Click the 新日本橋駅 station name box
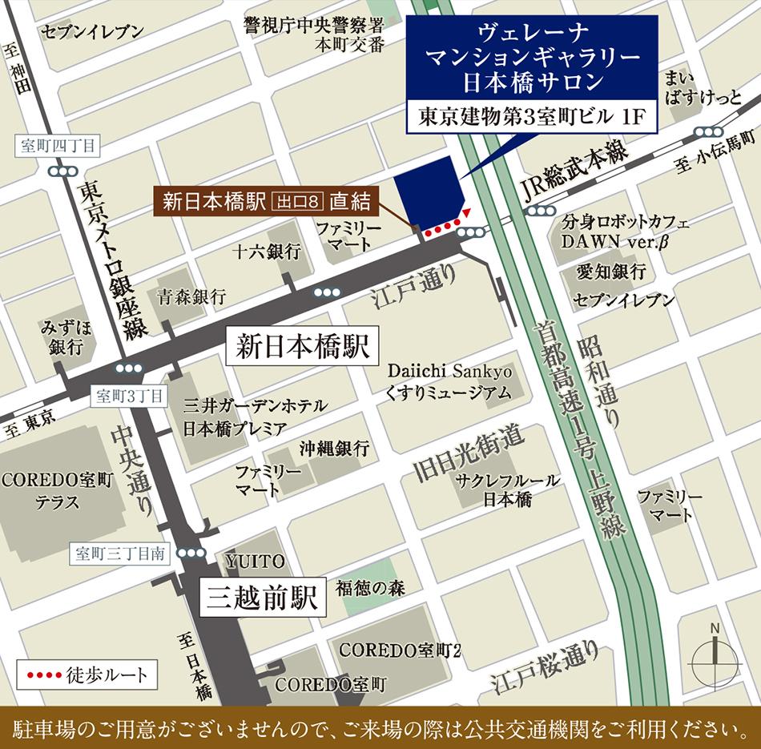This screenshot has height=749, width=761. coord(303,346)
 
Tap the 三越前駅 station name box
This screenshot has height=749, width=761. coord(261,597)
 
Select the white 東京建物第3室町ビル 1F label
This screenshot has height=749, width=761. coord(532,118)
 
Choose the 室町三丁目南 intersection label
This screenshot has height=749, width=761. coord(120,553)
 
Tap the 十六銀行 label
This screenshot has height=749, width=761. coord(267,252)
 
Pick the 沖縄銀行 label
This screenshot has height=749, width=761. coord(334,448)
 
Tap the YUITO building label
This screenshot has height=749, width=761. coord(255,560)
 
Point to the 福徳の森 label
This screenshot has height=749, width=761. coord(370,588)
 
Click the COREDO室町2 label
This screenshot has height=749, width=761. coord(401,649)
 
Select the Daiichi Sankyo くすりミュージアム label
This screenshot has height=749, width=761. coord(449,382)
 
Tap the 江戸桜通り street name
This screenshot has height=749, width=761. coord(546,668)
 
